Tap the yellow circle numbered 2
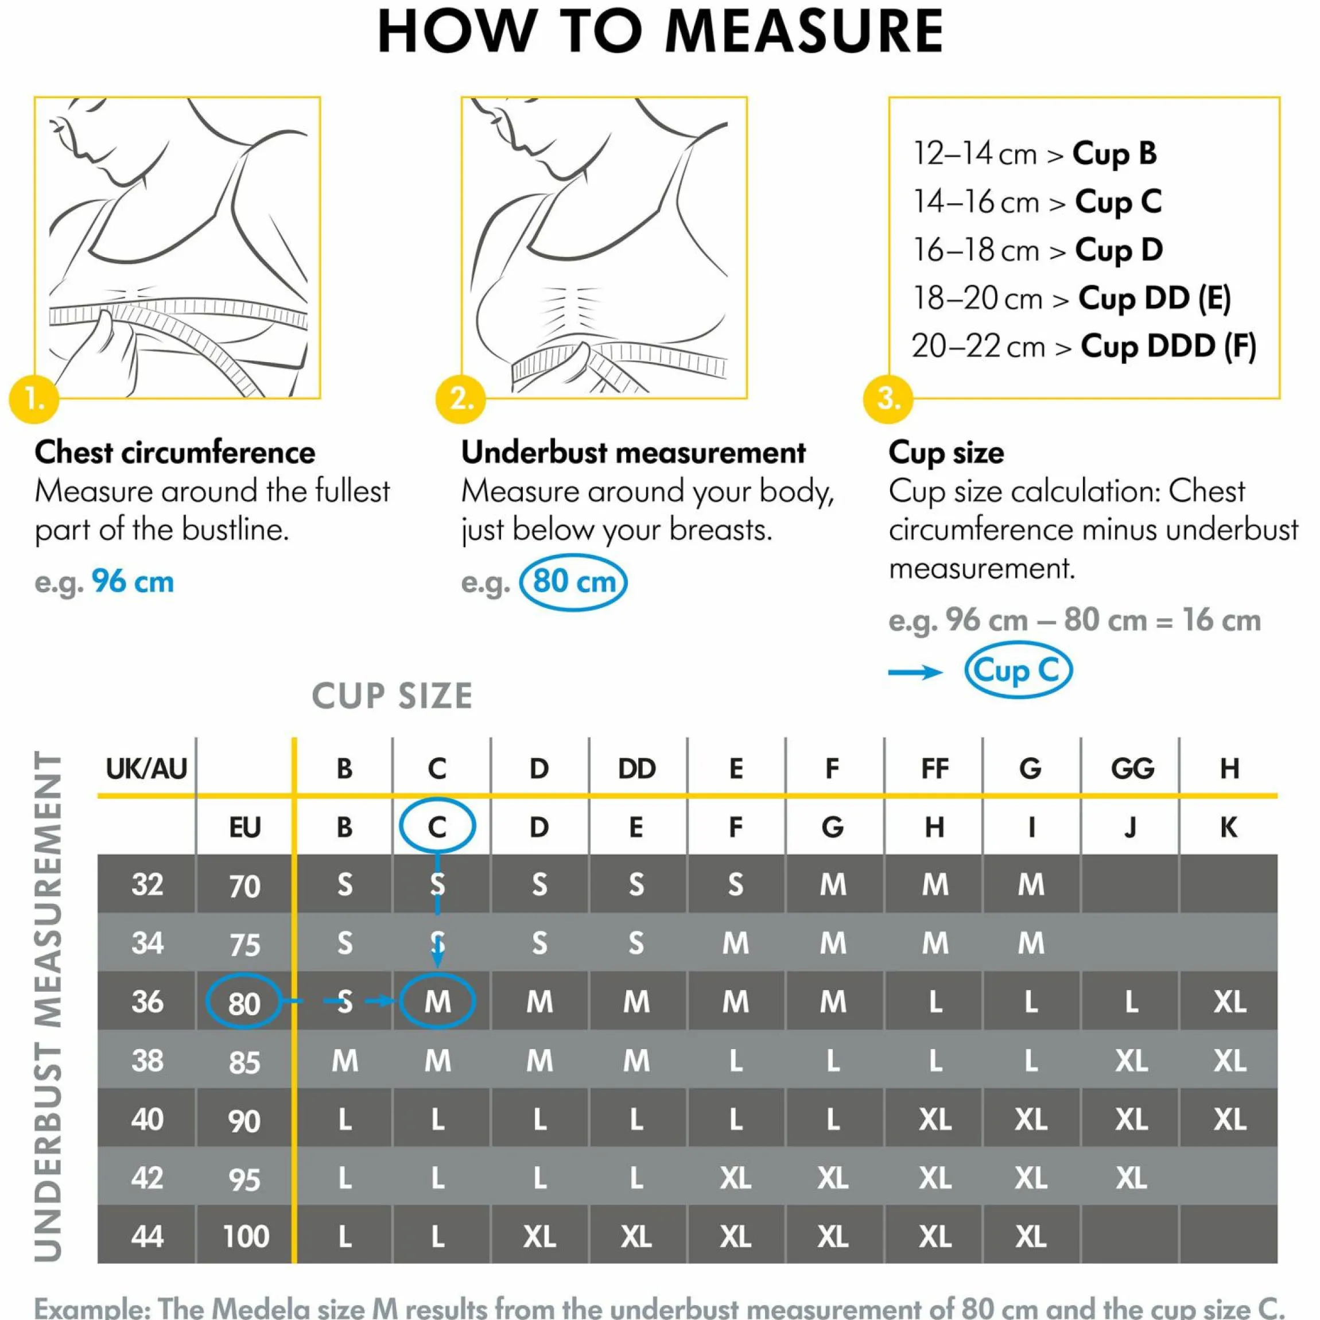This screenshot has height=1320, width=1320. coord(460,398)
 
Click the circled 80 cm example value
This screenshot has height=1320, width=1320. coord(573,582)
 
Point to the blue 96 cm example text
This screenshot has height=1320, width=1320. coord(133,582)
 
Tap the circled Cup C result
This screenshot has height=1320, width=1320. coord(1018,670)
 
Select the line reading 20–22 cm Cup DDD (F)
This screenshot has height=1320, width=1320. coord(1084,347)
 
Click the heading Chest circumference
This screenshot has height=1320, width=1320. coord(175,452)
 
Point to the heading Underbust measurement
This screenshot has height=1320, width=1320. coord(634,452)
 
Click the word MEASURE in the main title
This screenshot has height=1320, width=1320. coord(803,31)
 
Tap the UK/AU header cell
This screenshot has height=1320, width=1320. coord(146,768)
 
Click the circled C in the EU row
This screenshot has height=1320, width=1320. coord(437,826)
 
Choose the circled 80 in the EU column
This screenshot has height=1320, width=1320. coord(244,1001)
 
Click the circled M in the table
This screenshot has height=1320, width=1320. coord(437,1001)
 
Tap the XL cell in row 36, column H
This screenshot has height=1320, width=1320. coord(1230,1001)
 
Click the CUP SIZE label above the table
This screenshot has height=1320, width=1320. coord(392,696)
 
